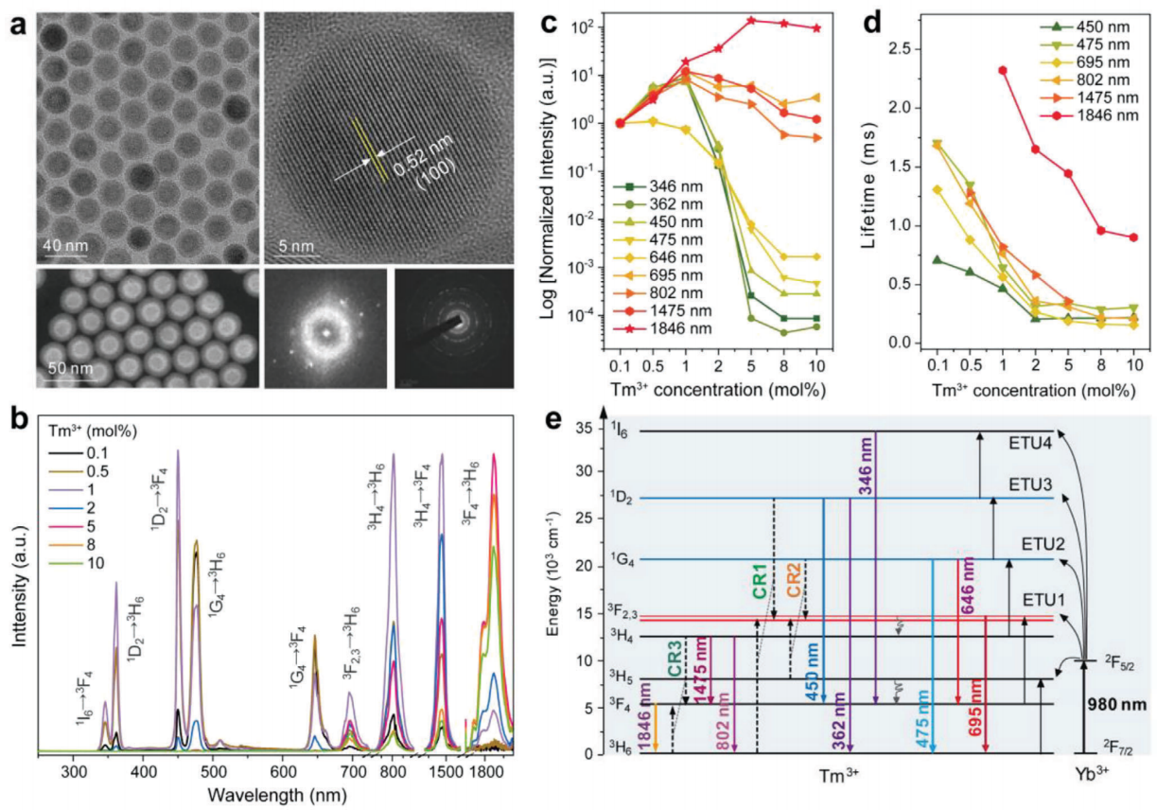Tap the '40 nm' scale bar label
pyautogui.click(x=64, y=247)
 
